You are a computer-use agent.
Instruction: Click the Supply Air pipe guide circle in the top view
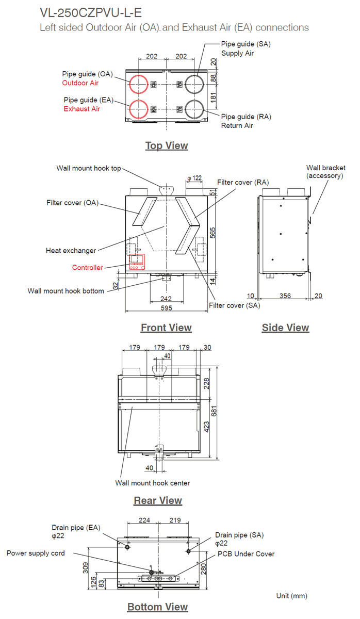coord(195,83)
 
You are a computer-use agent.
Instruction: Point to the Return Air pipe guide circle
coord(195,109)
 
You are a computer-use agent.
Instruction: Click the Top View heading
coord(167,145)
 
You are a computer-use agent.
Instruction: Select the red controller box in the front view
coord(137,262)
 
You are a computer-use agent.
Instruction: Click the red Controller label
coord(87,268)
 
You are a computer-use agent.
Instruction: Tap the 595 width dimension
coord(166,308)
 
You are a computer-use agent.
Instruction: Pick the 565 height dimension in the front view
coord(212,233)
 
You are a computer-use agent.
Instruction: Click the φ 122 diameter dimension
coord(194,178)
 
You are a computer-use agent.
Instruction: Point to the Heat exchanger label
coord(71,251)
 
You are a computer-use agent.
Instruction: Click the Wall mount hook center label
coord(152,483)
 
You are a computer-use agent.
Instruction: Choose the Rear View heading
coord(158,500)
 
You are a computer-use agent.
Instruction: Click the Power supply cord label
coord(36,553)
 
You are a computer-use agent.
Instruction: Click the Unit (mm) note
coord(291,596)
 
